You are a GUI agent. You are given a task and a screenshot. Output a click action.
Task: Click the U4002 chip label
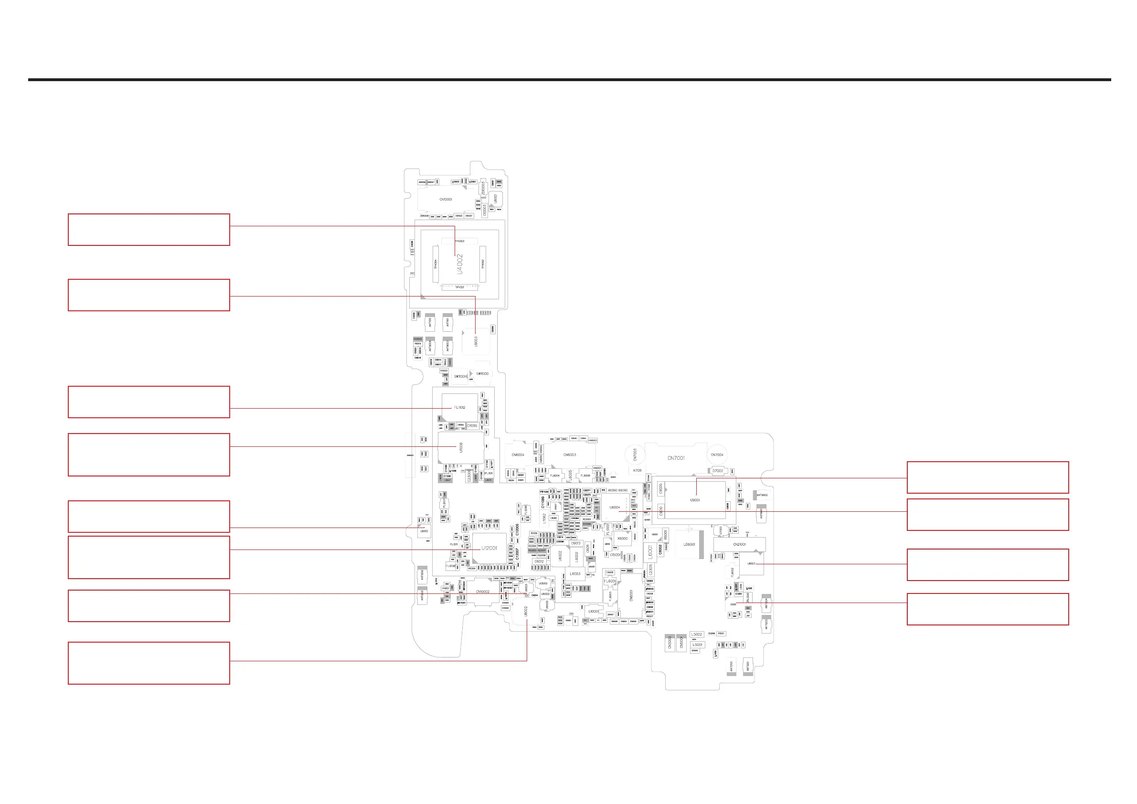click(459, 264)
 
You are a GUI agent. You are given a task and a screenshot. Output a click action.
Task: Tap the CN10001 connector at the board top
click(446, 200)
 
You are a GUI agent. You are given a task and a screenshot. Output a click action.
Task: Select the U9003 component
click(476, 341)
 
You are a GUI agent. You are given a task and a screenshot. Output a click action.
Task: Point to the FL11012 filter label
click(459, 407)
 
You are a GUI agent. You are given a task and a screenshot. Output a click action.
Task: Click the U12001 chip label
click(489, 548)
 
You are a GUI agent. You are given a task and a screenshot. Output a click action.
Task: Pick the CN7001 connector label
click(676, 458)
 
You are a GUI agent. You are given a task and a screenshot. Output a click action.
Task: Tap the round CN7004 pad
click(717, 455)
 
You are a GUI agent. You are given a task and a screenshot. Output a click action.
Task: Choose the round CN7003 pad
click(635, 455)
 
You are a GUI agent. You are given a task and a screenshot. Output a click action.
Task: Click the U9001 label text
click(695, 500)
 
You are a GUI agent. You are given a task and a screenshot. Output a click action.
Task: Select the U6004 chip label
click(615, 508)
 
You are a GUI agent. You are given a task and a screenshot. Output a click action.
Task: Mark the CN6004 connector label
click(518, 455)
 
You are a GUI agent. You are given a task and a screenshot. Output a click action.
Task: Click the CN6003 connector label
click(570, 455)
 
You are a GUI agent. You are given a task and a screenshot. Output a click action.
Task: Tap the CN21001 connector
click(739, 544)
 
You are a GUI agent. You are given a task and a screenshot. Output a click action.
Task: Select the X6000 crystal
click(623, 539)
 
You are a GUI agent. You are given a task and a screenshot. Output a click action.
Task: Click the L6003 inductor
click(575, 574)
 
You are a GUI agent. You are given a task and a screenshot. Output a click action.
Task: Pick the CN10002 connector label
click(482, 592)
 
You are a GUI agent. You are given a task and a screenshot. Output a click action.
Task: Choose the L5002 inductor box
click(697, 634)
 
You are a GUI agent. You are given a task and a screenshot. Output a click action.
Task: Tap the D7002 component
click(718, 471)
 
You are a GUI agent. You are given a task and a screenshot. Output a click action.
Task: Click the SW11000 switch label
click(482, 374)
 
